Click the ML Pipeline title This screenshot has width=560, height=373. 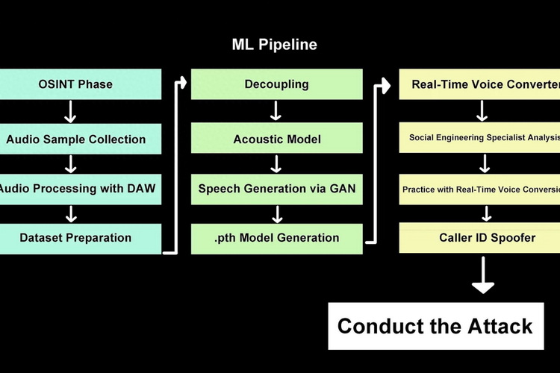[274, 45]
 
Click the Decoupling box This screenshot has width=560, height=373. [276, 84]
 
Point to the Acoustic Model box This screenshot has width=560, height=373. [276, 139]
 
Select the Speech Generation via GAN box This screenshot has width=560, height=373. [276, 189]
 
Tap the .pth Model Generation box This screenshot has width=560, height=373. [276, 238]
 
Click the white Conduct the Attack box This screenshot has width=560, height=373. [435, 326]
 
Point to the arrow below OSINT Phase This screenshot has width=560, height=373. [71, 111]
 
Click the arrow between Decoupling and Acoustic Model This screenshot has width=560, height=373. [276, 111]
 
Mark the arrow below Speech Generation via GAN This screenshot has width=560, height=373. [276, 213]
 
